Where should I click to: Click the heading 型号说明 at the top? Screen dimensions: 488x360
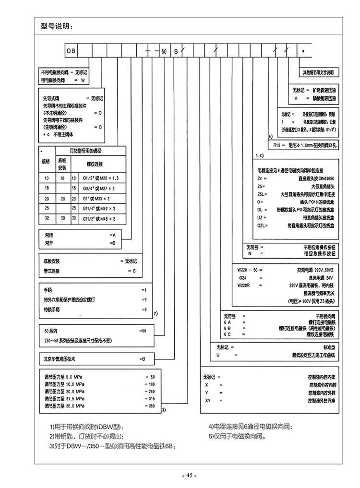click(57, 26)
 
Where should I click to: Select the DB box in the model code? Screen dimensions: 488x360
click(70, 49)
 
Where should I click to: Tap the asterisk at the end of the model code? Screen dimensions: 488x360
click(302, 50)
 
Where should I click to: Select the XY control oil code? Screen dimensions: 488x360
click(207, 400)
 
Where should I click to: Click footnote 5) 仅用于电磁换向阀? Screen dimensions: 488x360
click(237, 436)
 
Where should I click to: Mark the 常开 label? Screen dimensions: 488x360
click(47, 243)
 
